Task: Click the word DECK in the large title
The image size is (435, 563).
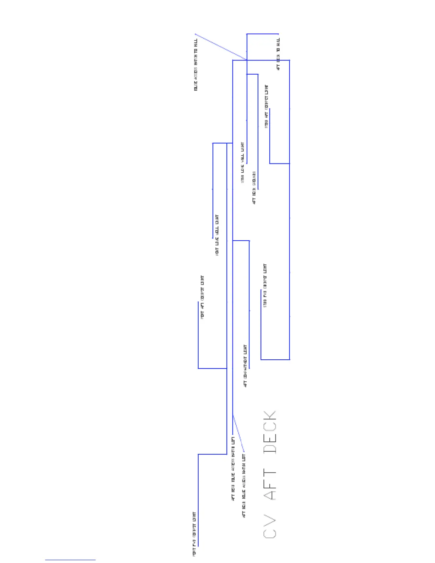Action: coord(270,432)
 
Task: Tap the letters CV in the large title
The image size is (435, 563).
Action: coord(270,526)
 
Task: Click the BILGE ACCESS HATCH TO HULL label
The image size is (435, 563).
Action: coord(196,65)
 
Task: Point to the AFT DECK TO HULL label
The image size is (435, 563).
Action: coord(278,54)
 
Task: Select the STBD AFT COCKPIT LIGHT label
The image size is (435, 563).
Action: coord(267,106)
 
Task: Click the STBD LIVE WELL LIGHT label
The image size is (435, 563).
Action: coord(243,162)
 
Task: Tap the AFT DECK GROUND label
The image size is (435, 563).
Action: coord(254,188)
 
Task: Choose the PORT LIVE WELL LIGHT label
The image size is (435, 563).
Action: coord(217,235)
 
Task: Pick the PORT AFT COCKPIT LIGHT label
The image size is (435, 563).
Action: coord(202,297)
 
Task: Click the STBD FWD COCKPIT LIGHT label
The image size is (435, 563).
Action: coord(265,285)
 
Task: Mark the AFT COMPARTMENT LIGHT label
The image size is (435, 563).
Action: coord(245,366)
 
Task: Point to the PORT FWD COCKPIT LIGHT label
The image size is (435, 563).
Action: coord(194,534)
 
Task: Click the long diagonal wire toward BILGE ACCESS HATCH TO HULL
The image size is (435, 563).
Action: coord(220,47)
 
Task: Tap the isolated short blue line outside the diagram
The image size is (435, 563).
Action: coord(70,560)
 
